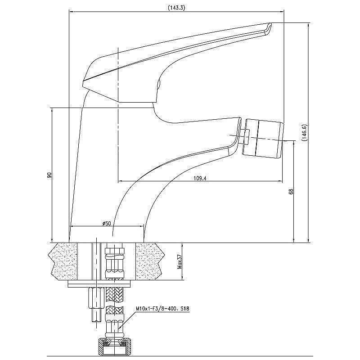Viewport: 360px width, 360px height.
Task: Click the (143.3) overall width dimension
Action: tap(176, 8)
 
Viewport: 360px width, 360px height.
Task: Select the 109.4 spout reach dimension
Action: tap(200, 178)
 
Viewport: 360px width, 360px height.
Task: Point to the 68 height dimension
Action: tap(291, 191)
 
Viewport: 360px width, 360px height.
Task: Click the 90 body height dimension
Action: tap(49, 175)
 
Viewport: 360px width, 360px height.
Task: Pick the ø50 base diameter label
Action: tap(107, 223)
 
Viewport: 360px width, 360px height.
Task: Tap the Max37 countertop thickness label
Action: tap(179, 261)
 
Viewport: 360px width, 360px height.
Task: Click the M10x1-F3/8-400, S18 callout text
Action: tap(162, 309)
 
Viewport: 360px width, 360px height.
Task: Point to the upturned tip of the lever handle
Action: tap(269, 27)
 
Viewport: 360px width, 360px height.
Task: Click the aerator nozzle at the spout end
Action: tap(264, 139)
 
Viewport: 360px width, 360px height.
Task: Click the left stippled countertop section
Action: tap(63, 261)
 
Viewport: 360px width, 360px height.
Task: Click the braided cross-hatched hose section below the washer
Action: tap(114, 295)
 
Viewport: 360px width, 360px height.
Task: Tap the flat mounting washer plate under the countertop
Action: tap(99, 284)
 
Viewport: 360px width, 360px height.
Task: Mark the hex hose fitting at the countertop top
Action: tap(114, 250)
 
